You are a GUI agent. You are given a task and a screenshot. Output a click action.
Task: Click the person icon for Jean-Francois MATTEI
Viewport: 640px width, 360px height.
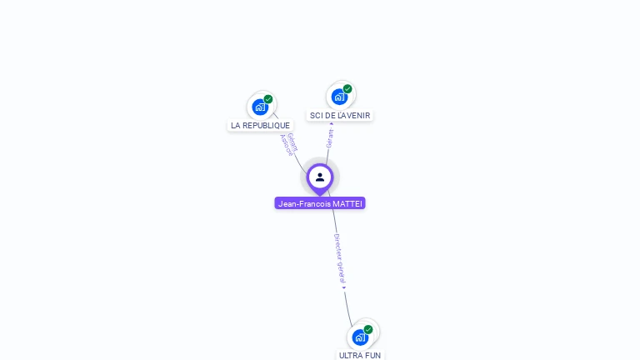[320, 177]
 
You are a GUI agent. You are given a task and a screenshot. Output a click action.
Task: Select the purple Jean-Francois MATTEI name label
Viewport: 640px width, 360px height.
[320, 203]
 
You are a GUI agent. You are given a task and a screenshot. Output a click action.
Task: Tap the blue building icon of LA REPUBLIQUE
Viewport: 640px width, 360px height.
[260, 107]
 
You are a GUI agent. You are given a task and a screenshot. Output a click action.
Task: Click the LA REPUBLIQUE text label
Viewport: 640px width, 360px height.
[261, 126]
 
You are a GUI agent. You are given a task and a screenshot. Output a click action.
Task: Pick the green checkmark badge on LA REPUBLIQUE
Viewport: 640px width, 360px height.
[268, 99]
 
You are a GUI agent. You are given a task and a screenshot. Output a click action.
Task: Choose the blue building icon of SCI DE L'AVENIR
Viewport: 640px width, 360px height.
[339, 96]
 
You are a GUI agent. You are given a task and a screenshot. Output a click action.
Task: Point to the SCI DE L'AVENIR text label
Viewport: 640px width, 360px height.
[340, 116]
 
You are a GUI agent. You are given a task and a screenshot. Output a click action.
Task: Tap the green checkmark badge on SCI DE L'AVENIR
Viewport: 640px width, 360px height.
[347, 89]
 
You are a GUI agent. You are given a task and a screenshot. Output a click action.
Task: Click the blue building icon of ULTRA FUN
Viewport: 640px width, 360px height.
[359, 337]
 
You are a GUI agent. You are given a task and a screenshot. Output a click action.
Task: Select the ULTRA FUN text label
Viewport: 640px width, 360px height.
[360, 355]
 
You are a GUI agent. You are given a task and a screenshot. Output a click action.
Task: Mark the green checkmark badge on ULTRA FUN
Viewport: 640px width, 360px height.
[367, 329]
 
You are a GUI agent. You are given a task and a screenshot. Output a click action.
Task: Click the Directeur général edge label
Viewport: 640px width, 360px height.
[339, 257]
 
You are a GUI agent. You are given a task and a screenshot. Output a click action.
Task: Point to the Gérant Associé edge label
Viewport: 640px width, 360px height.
[288, 144]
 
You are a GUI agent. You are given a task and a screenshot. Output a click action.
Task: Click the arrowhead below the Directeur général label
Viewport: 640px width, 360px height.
[343, 287]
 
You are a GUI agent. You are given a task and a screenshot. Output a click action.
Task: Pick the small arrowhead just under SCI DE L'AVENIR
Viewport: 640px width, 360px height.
[331, 124]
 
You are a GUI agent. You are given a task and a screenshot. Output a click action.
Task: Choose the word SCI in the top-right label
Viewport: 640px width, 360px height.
[316, 116]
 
